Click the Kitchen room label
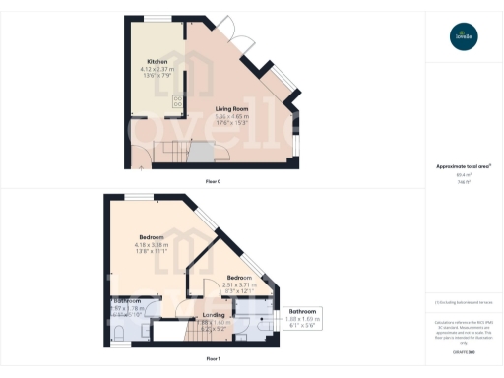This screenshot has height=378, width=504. pyautogui.click(x=144, y=61)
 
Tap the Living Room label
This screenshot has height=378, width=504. pyautogui.click(x=232, y=109)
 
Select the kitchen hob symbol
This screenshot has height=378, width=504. pyautogui.click(x=178, y=101)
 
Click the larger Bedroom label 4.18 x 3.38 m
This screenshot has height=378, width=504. pyautogui.click(x=152, y=237)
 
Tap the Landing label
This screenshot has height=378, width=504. pyautogui.click(x=214, y=315)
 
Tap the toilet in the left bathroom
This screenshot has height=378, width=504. pyautogui.click(x=116, y=329)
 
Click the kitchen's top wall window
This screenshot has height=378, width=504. pyautogui.click(x=155, y=18)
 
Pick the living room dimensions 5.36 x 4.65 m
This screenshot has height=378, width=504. pyautogui.click(x=231, y=117)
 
